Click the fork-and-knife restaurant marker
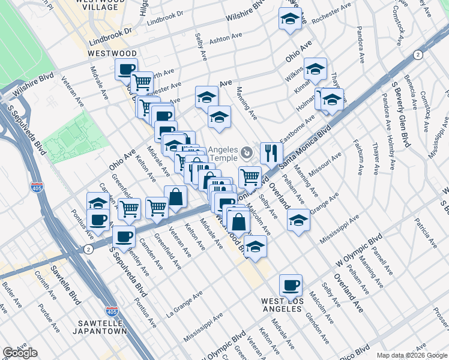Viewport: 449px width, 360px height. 271,153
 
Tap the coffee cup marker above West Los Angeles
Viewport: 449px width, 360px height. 291,285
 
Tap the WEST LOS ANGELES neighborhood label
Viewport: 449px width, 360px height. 282,304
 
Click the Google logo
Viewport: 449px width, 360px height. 20,353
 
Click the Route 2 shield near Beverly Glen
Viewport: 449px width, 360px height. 418,55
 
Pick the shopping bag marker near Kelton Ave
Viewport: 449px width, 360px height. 175,196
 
